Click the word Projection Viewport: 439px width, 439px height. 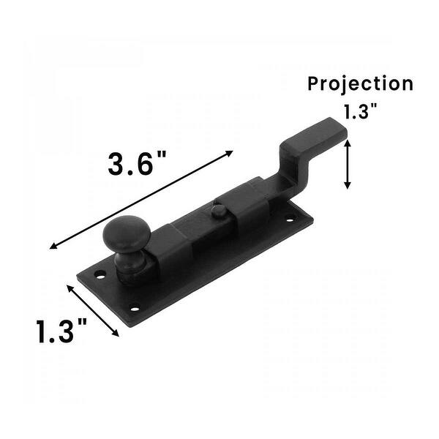[x=360, y=83]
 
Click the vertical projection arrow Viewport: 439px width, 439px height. [x=348, y=165]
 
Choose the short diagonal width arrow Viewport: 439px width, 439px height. [x=94, y=310]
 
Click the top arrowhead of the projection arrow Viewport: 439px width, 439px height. [x=348, y=143]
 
